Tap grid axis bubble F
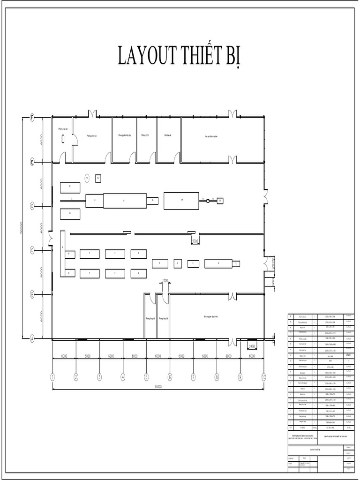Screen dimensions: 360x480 pyautogui.click(x=32, y=117)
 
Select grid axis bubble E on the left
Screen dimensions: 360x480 pyautogui.click(x=32, y=162)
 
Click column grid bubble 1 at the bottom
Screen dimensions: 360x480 pyautogui.click(x=52, y=376)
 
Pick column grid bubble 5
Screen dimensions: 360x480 pyautogui.click(x=146, y=376)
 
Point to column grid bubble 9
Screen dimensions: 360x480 pyautogui.click(x=240, y=376)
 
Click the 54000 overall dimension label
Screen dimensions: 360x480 pyautogui.click(x=158, y=387)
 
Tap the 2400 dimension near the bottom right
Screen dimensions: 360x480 pyautogui.click(x=252, y=347)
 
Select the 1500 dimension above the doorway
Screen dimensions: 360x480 pyautogui.click(x=165, y=281)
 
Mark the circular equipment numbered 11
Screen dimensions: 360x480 pyautogui.click(x=87, y=178)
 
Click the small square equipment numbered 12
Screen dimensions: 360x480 pyautogui.click(x=97, y=178)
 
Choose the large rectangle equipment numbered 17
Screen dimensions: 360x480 pyautogui.click(x=181, y=200)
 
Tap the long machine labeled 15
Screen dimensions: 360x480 pyautogui.click(x=124, y=200)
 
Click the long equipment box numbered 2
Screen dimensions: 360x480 pyautogui.click(x=218, y=263)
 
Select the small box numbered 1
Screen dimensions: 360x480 pyautogui.click(x=236, y=264)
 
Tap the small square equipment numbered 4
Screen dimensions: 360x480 pyautogui.click(x=178, y=263)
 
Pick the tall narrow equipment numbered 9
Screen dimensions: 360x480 pyautogui.click(x=62, y=253)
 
